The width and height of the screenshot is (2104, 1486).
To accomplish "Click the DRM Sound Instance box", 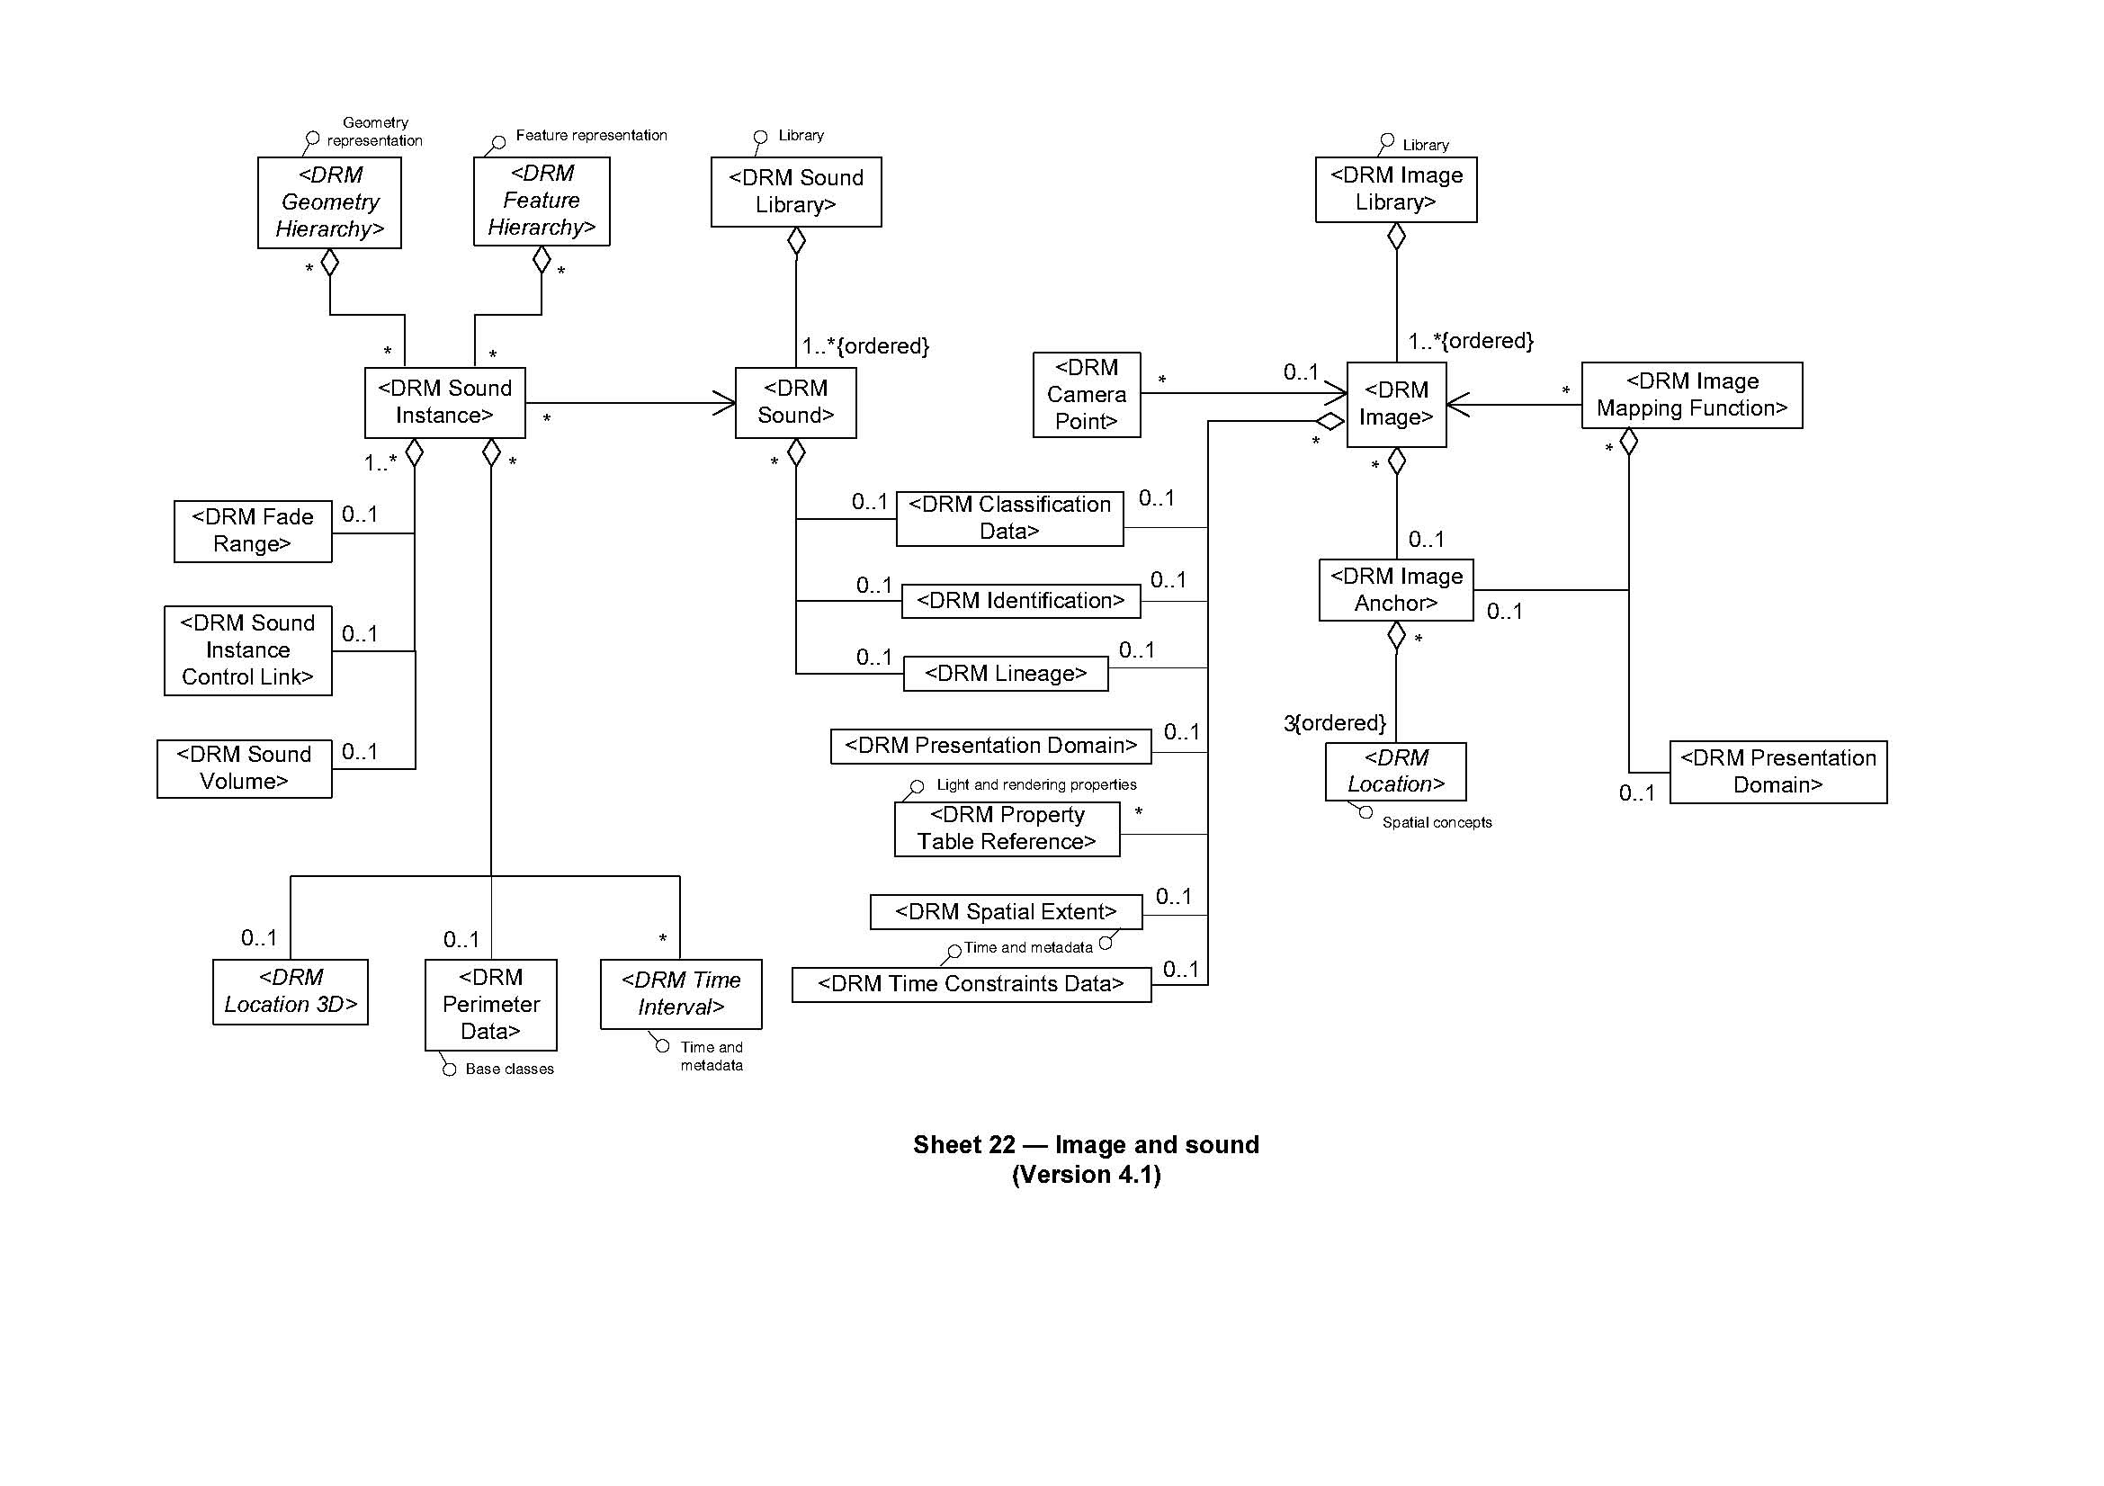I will click(x=444, y=402).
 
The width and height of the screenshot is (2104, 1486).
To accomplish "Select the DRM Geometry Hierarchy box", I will click(x=329, y=202).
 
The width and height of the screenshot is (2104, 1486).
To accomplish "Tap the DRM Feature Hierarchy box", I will click(x=541, y=201).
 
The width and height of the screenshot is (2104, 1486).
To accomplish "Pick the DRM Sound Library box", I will click(x=795, y=192).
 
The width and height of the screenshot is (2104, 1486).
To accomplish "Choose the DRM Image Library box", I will click(x=1396, y=189).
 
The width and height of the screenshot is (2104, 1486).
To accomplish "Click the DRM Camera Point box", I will click(x=1086, y=395).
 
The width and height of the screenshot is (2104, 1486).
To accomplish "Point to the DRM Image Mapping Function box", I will click(x=1691, y=395).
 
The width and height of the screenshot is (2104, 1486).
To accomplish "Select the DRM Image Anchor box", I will click(x=1396, y=590).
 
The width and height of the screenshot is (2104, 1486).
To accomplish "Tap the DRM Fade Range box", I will click(x=252, y=531).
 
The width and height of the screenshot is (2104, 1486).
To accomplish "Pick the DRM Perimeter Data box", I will click(x=490, y=1004).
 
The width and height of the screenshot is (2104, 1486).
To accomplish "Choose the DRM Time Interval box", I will click(x=681, y=994).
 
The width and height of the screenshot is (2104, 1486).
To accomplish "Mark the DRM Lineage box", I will click(x=1006, y=674).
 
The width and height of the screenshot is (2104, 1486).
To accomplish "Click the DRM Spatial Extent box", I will click(x=1006, y=911).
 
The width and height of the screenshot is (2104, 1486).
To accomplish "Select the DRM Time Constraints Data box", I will click(x=971, y=984).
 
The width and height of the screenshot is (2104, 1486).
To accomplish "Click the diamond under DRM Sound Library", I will click(x=796, y=242).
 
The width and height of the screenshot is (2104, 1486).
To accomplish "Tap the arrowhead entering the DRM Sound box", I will click(x=726, y=403).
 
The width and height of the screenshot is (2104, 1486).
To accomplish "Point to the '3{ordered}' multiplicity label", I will click(x=1334, y=723).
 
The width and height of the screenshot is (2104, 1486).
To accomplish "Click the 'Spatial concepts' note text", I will click(x=1436, y=823).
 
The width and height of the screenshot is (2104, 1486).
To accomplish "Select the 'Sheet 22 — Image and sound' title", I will click(x=1086, y=1144).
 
